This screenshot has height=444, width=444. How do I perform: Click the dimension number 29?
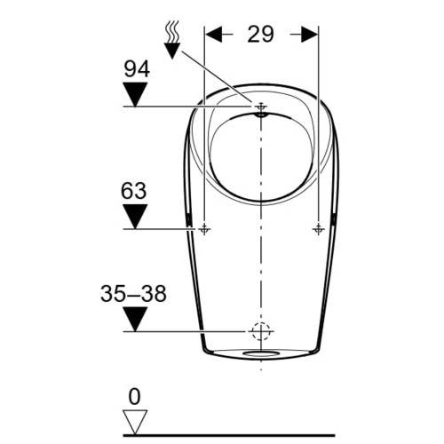(261, 34)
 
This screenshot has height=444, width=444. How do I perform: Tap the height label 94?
(137, 69)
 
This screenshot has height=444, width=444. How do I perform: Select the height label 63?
(133, 191)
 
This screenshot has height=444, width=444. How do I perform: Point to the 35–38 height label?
(133, 294)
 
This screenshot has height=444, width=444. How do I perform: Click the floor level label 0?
(135, 397)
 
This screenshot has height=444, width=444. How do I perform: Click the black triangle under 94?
(135, 94)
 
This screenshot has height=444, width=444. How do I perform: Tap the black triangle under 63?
(135, 217)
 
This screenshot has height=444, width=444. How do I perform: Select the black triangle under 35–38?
(135, 319)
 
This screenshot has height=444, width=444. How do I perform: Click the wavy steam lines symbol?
(172, 31)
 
